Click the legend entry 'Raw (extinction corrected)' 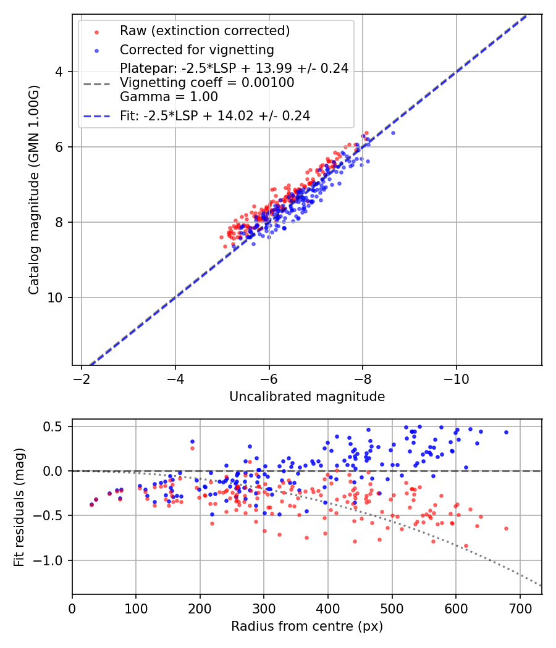point(204,31)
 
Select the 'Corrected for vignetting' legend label point(197,49)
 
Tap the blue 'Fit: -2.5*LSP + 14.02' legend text point(215,115)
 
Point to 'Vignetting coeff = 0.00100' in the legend point(207,83)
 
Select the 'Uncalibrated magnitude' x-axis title point(307,397)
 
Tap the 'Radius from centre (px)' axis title point(307,626)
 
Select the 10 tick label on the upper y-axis point(56,297)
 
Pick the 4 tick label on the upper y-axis point(59,72)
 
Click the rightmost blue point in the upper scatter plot point(393,133)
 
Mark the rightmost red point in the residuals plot point(506,528)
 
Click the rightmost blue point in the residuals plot point(506,433)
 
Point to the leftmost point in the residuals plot point(91,504)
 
